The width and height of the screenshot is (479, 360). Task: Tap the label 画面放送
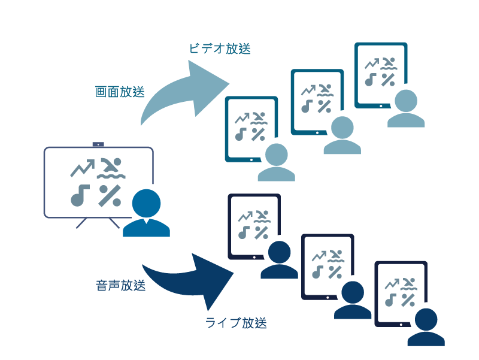120,92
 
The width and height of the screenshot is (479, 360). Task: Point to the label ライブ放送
236,323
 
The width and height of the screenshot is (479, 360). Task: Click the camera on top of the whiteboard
98,144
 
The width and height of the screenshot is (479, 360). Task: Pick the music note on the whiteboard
80,195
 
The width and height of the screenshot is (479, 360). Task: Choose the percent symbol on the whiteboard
110,195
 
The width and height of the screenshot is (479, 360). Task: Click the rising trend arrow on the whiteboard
81,168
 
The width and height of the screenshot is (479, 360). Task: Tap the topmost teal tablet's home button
381,104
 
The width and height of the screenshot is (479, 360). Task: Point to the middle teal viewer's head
342,128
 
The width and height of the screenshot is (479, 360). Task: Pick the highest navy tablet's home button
254,256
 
